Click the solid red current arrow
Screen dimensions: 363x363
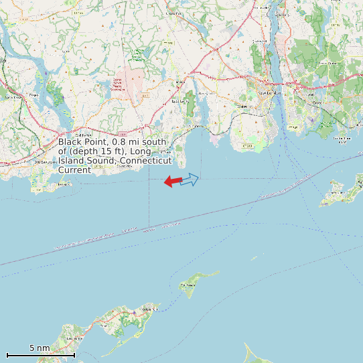172,181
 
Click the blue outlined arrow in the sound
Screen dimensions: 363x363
190,179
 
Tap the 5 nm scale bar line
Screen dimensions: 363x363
40,354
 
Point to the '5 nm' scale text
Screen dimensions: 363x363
40,348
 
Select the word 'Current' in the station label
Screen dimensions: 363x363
74,170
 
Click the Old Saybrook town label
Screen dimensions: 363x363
44,161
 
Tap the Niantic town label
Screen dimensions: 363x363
195,125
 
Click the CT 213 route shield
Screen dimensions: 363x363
248,145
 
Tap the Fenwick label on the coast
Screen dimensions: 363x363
64,183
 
